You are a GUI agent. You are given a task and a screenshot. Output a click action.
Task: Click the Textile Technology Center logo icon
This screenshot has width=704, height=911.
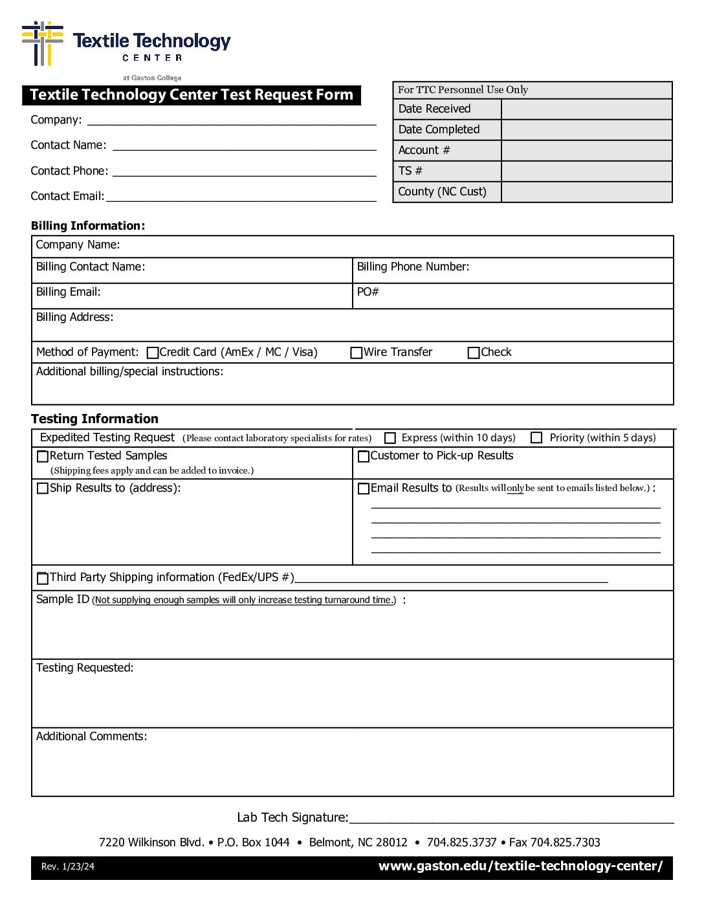click(x=43, y=43)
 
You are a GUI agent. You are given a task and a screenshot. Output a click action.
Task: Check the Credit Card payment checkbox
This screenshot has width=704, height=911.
click(x=153, y=353)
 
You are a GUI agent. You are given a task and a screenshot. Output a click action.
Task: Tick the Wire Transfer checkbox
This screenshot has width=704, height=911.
click(x=356, y=353)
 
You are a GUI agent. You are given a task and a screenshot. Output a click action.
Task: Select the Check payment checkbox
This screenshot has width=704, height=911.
click(x=474, y=353)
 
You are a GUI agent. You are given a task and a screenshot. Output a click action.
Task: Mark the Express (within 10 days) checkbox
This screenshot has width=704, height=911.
click(x=390, y=438)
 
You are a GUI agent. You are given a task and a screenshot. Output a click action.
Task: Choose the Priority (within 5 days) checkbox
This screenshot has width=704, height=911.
click(x=536, y=438)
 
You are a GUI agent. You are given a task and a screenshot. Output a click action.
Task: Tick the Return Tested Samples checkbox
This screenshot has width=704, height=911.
click(x=43, y=456)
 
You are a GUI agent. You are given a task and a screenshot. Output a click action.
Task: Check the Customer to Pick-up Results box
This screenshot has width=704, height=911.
click(x=364, y=456)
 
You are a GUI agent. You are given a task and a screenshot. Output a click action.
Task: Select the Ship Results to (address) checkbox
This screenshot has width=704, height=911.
click(x=43, y=488)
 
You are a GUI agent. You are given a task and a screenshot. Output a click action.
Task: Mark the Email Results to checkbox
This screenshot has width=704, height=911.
click(x=364, y=488)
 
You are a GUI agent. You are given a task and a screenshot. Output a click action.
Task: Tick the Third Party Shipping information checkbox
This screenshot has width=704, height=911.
click(x=43, y=578)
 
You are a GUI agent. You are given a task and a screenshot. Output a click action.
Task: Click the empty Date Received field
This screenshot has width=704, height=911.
click(x=586, y=109)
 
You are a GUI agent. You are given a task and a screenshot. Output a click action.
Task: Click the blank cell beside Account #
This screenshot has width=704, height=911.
click(x=586, y=151)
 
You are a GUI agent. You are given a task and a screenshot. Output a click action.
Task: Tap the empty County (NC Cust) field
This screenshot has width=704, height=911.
click(x=586, y=192)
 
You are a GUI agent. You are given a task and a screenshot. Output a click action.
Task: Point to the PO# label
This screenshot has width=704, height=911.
click(x=368, y=292)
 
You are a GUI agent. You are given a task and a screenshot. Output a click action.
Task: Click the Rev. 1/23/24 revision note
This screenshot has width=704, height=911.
click(x=68, y=867)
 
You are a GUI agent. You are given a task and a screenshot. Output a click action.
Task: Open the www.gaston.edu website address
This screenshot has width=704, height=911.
click(x=520, y=866)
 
